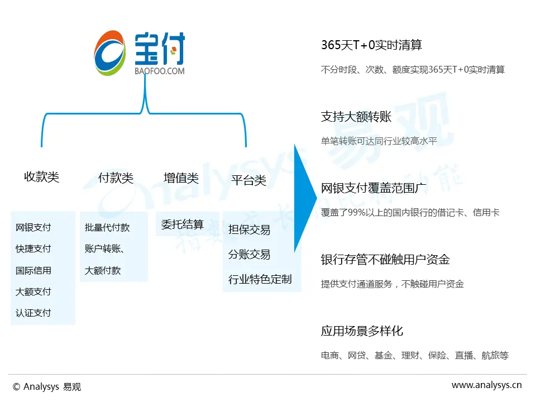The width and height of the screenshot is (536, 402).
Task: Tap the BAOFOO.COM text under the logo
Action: tap(160, 71)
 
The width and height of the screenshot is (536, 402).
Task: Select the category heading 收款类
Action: tap(41, 177)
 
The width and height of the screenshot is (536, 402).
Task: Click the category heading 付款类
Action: tap(116, 178)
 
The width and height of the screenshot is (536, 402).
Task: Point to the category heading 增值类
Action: tap(181, 178)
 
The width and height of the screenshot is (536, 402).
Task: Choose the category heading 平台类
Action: tap(248, 180)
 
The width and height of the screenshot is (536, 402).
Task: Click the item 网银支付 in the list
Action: tap(33, 227)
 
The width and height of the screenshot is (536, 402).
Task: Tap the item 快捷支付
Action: tap(33, 248)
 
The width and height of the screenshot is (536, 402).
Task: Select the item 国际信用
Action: tap(33, 270)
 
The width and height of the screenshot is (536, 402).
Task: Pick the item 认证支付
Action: tap(33, 313)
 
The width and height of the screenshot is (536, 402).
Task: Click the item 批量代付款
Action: tap(107, 227)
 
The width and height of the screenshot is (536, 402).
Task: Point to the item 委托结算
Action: tap(183, 224)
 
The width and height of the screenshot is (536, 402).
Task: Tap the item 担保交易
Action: tap(249, 229)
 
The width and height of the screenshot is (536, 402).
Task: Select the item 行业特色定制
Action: tap(260, 279)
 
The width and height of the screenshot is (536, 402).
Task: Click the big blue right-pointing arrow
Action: tap(305, 198)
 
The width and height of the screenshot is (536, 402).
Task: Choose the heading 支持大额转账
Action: tap(356, 117)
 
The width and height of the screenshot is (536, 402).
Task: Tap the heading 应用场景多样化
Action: tap(362, 331)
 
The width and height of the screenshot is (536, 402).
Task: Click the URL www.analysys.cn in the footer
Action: tap(486, 385)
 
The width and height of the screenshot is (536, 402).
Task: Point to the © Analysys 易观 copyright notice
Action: tap(47, 386)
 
